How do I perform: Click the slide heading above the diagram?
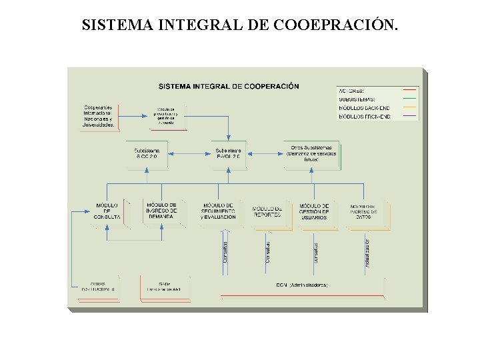click(x=240, y=25)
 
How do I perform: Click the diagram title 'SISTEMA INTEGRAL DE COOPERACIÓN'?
click(x=229, y=86)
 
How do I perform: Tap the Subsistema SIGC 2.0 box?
click(x=147, y=153)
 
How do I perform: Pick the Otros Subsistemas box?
click(x=311, y=153)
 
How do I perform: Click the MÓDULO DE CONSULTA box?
click(x=107, y=213)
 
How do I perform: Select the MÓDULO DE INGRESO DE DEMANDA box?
click(x=161, y=211)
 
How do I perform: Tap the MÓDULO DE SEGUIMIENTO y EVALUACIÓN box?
click(x=217, y=212)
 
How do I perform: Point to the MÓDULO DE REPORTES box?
click(x=267, y=212)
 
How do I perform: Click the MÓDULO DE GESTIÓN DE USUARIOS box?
click(x=314, y=212)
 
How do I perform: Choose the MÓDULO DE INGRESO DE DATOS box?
click(x=363, y=212)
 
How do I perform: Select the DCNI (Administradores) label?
click(x=301, y=285)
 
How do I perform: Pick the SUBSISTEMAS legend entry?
click(x=356, y=99)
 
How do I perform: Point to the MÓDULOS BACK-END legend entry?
click(x=363, y=108)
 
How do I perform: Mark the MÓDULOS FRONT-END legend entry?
click(x=364, y=117)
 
